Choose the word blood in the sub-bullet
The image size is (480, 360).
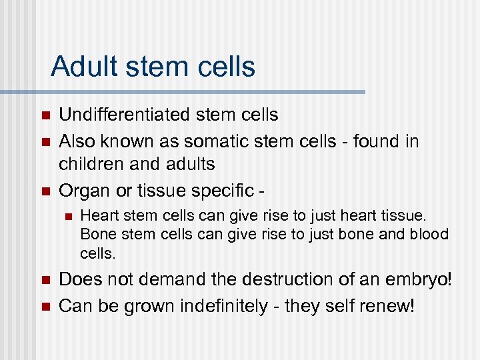coord(429,235)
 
